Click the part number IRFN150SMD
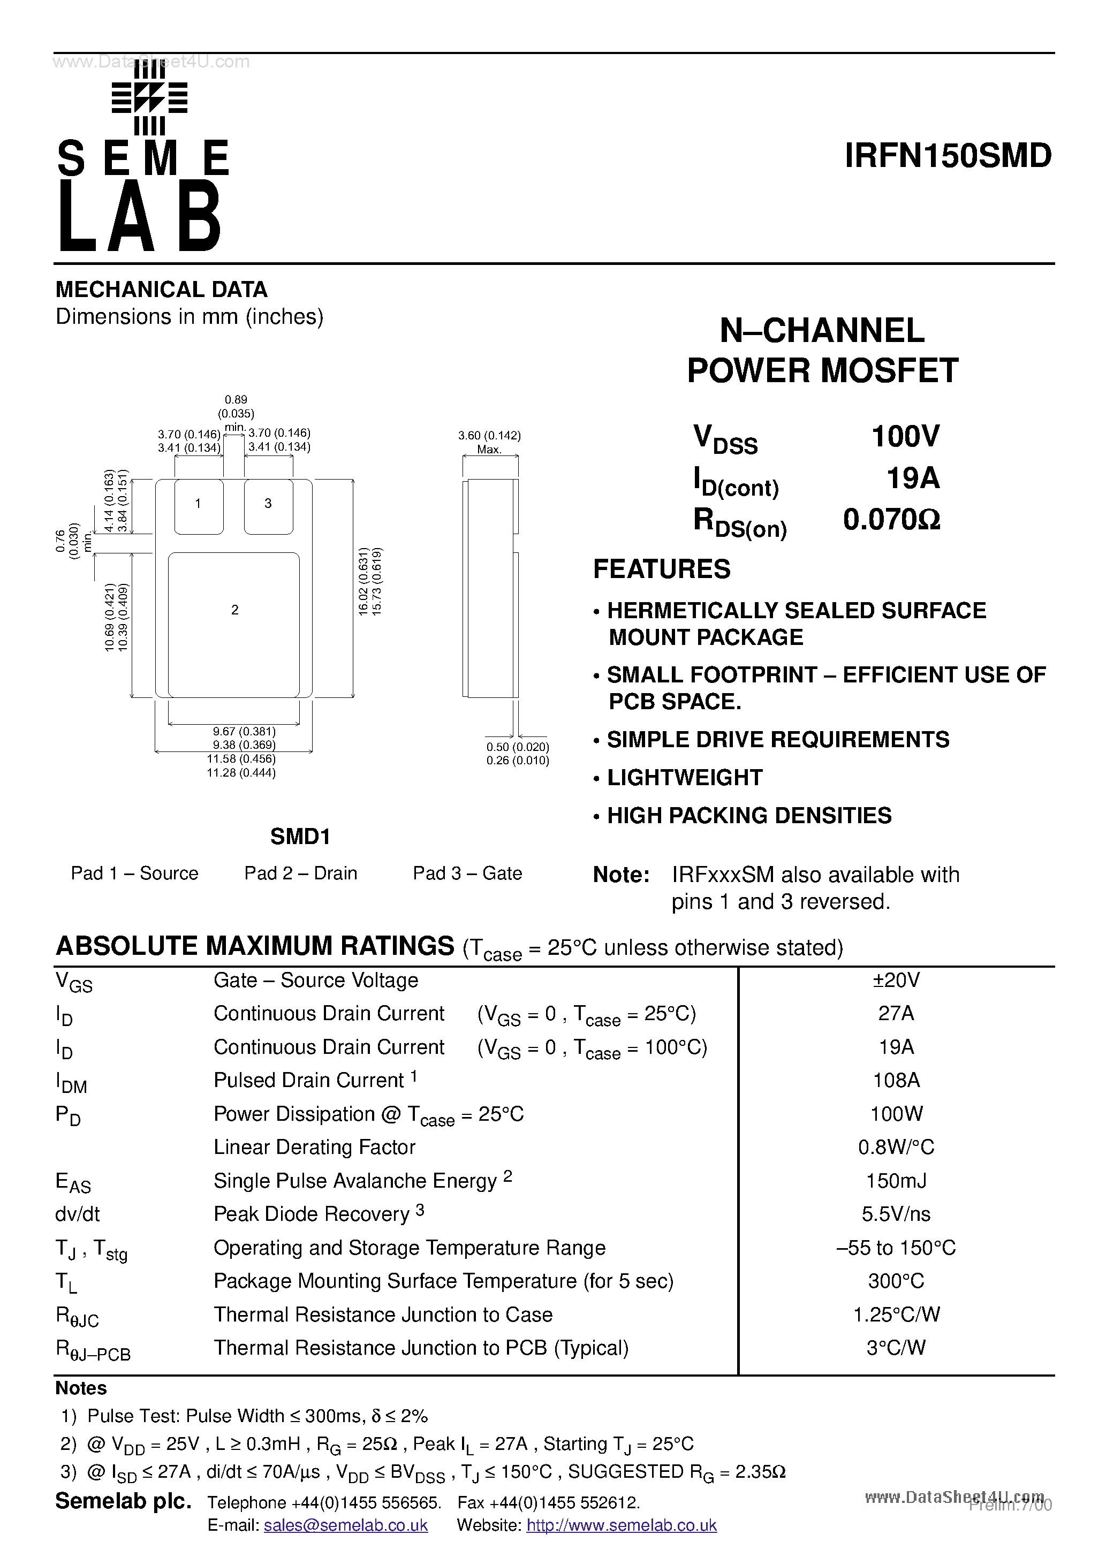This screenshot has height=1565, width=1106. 948,156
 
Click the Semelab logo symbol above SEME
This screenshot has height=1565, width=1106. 149,99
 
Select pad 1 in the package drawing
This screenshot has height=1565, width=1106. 199,505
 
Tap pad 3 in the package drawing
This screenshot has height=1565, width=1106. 269,505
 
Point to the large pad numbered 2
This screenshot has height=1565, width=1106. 234,624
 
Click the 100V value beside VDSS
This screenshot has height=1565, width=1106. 906,436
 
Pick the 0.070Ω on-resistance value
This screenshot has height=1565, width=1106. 892,520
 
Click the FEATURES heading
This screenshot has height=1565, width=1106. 662,569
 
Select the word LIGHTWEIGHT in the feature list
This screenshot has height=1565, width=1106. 685,778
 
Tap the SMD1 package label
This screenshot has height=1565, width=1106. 300,837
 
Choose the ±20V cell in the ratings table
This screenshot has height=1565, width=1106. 896,980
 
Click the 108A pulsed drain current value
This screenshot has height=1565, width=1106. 896,1081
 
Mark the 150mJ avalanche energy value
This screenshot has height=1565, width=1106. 896,1181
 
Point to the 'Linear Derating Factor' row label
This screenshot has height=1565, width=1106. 314,1147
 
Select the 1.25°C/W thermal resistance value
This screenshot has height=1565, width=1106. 896,1314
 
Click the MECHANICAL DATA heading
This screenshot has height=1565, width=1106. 162,290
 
